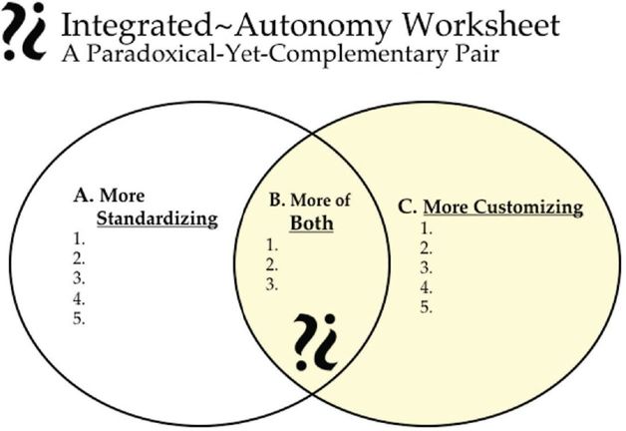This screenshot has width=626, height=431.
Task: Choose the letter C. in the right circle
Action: tap(407, 208)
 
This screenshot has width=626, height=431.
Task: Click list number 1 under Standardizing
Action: tap(80, 239)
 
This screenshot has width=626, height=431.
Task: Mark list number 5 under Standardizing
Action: tap(80, 319)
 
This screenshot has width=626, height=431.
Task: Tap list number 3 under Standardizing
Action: tap(80, 279)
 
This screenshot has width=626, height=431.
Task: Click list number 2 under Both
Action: tap(271, 264)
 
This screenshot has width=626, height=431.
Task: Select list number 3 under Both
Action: tap(271, 284)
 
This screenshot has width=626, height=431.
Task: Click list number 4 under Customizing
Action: tap(426, 287)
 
